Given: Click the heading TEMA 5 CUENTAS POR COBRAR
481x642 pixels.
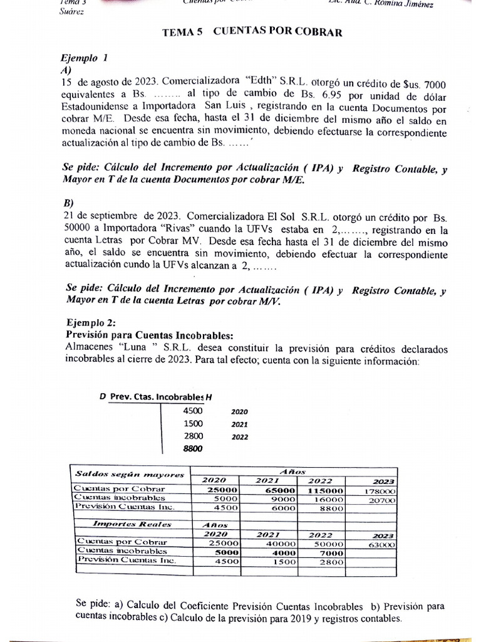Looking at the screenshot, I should click(x=252, y=33).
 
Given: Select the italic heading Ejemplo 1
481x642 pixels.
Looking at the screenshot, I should click(x=85, y=58).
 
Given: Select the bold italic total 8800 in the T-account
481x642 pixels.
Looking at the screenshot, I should click(x=194, y=448).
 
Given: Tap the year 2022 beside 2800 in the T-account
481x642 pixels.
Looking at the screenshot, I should click(x=239, y=437).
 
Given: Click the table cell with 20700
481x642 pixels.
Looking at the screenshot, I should click(x=381, y=501).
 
